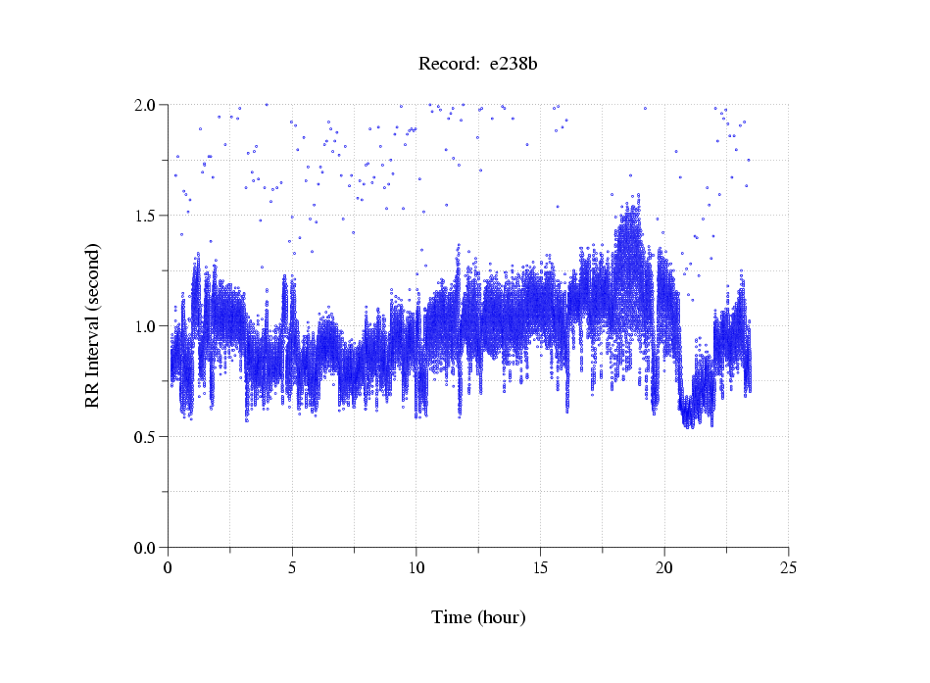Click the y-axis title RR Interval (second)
click(92, 325)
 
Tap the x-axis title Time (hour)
click(478, 617)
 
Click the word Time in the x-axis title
click(452, 617)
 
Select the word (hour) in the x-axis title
click(501, 617)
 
